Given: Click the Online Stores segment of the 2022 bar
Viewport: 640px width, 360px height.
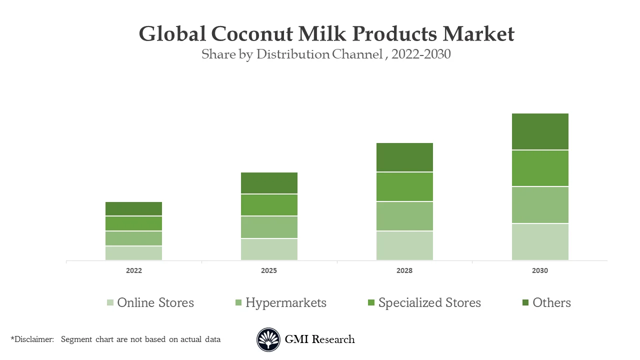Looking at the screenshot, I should tap(133, 253).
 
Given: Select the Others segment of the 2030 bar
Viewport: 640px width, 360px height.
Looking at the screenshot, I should tap(540, 131).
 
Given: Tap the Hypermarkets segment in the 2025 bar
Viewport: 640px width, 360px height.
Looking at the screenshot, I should tap(269, 227).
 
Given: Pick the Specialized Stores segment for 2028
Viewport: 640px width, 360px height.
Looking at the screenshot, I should tap(404, 186).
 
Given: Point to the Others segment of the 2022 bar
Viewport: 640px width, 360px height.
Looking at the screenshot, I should tap(133, 208).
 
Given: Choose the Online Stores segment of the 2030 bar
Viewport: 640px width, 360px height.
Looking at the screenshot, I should tap(540, 241).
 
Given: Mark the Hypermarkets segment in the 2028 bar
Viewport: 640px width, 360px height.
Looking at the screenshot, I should tap(404, 216).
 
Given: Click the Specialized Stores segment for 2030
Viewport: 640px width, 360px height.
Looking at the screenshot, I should tap(540, 168).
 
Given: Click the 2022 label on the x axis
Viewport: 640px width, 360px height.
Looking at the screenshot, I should tap(133, 270).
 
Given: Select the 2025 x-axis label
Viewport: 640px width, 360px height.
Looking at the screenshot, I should tap(269, 270).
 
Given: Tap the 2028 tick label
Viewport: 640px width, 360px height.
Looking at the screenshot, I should tap(404, 270).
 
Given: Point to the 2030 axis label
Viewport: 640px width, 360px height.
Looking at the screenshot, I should tap(540, 270).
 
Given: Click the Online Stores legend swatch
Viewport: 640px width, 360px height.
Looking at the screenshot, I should tap(110, 302).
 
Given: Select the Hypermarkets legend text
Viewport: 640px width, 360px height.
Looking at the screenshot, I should tap(285, 302).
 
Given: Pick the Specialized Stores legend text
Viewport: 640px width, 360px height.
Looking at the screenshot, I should tap(429, 302).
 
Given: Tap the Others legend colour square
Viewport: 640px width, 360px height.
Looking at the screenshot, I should tap(525, 302).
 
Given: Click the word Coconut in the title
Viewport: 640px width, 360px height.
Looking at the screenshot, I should tap(252, 34).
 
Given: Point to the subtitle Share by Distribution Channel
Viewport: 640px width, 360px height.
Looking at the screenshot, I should tap(291, 54).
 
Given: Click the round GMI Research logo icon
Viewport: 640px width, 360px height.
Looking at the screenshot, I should tap(268, 339).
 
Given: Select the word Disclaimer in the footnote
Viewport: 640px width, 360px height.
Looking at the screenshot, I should tap(33, 339).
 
